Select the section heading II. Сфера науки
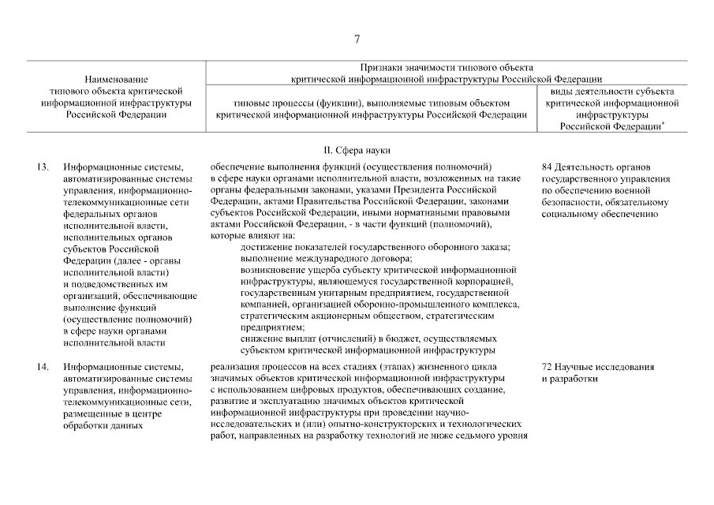357,150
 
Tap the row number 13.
43,167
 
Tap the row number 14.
43,367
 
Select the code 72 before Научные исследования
547,367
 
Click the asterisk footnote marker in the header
662,123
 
